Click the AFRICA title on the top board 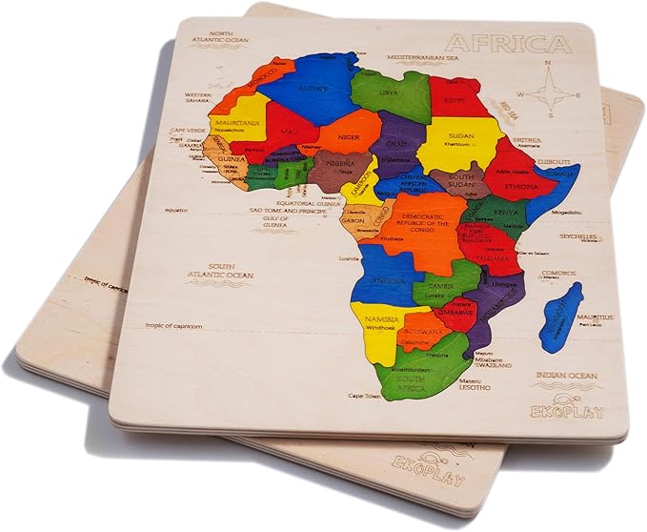510,44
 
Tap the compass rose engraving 550,92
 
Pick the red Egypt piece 455,98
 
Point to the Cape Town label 363,395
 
